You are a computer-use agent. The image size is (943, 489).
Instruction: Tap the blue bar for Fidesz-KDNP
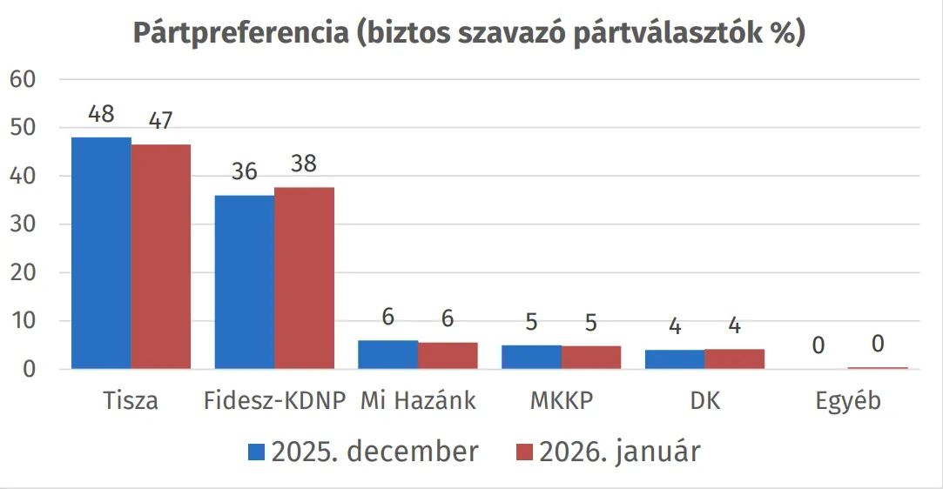245,282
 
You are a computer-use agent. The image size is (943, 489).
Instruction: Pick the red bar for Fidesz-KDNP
304,278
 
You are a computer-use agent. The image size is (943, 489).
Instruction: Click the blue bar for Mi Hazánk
387,355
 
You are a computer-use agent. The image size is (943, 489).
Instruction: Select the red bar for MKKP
590,358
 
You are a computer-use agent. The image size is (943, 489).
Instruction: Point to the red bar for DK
734,359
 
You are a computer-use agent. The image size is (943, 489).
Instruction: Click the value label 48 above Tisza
101,115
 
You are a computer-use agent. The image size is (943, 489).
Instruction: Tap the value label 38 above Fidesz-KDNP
304,164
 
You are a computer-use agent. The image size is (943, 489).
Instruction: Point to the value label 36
245,171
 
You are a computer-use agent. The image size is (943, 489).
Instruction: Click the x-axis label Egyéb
848,402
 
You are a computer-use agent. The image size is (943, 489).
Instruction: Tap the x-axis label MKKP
561,401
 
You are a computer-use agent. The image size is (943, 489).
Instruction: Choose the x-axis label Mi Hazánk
418,401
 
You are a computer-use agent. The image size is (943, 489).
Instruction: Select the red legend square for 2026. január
523,452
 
